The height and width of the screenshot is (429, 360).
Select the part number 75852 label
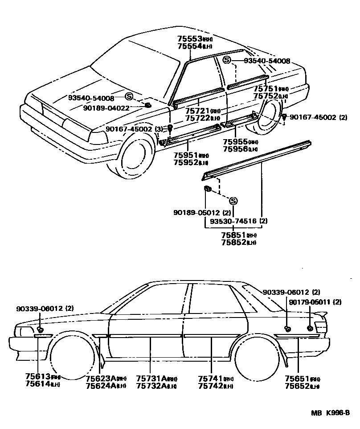click(x=233, y=242)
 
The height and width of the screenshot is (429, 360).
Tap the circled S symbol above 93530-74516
click(x=233, y=201)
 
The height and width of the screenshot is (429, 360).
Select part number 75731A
click(x=151, y=378)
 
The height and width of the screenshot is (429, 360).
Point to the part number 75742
click(x=210, y=386)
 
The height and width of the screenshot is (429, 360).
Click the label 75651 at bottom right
click(x=298, y=379)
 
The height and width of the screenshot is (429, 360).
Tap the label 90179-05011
click(x=315, y=302)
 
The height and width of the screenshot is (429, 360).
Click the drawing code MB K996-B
click(x=330, y=413)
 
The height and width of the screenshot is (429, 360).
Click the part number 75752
click(x=266, y=96)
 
